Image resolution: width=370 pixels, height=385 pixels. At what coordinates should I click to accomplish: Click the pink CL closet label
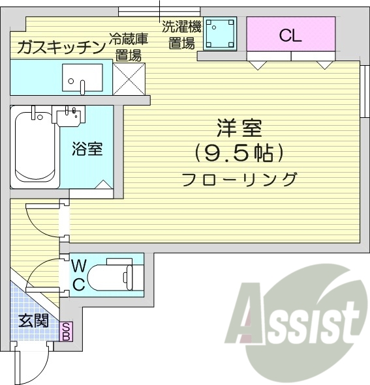tap(290, 36)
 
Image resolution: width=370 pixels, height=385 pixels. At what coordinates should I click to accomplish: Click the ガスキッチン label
tap(61, 47)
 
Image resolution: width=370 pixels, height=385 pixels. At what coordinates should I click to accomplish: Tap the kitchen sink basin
tap(82, 78)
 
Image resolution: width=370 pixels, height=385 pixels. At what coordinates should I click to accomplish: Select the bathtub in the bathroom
tap(36, 148)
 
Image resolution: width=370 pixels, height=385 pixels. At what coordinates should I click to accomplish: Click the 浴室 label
tap(87, 149)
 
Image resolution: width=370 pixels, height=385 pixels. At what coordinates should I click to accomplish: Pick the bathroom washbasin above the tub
tap(72, 118)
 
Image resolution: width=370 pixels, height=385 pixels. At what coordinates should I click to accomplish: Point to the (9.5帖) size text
tap(239, 154)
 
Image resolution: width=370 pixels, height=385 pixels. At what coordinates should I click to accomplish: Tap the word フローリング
tap(238, 178)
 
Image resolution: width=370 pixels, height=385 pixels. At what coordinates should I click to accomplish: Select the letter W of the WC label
tap(78, 266)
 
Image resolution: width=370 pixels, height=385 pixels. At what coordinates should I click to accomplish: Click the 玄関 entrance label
tap(32, 321)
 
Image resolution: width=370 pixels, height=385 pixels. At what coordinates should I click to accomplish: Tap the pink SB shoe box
tap(66, 332)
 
